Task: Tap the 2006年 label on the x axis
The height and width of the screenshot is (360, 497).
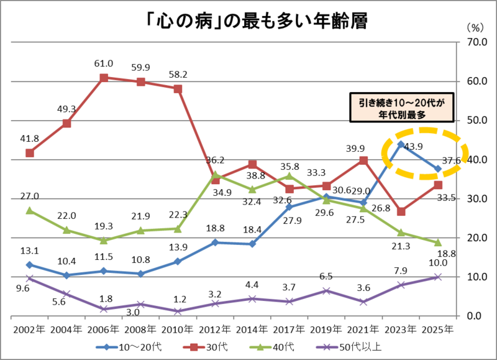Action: point(104,328)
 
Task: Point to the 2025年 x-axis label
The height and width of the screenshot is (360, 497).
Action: point(437,328)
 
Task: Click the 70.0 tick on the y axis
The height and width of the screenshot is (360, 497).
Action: point(470,42)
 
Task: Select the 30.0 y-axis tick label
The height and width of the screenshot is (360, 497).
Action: point(470,199)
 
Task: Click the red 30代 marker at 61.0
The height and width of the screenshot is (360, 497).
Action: point(104,78)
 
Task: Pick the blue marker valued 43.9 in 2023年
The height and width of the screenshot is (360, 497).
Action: point(401,144)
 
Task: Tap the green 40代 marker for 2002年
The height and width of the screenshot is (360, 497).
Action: point(30,210)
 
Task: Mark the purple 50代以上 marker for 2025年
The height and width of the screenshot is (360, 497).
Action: point(437,277)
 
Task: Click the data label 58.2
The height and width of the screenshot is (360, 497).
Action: point(178,74)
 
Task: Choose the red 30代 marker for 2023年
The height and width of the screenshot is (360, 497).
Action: point(401,211)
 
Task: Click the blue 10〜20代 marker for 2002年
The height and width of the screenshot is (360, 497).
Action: point(30,265)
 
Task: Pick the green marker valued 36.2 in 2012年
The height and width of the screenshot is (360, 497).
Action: point(216,175)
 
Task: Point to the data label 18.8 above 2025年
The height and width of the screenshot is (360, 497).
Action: point(447,254)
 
